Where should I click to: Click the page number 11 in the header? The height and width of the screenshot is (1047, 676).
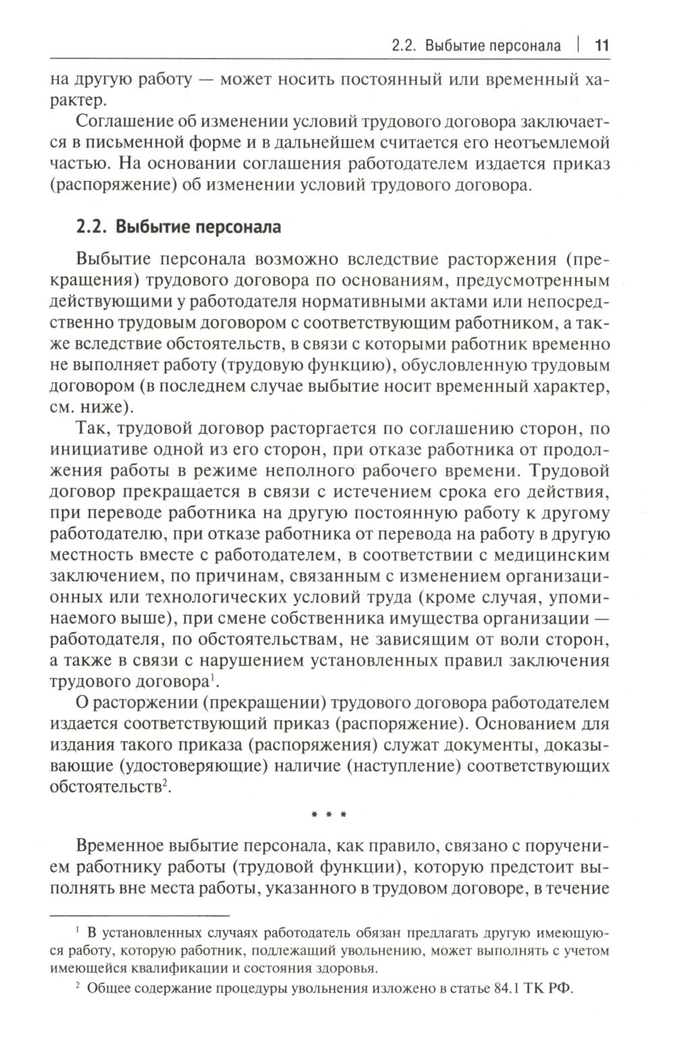(x=602, y=46)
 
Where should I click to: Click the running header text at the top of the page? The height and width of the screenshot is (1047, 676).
(x=476, y=46)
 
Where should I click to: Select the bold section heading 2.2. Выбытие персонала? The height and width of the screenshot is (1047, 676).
(x=178, y=226)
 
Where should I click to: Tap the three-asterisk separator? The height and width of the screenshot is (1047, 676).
(x=329, y=815)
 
